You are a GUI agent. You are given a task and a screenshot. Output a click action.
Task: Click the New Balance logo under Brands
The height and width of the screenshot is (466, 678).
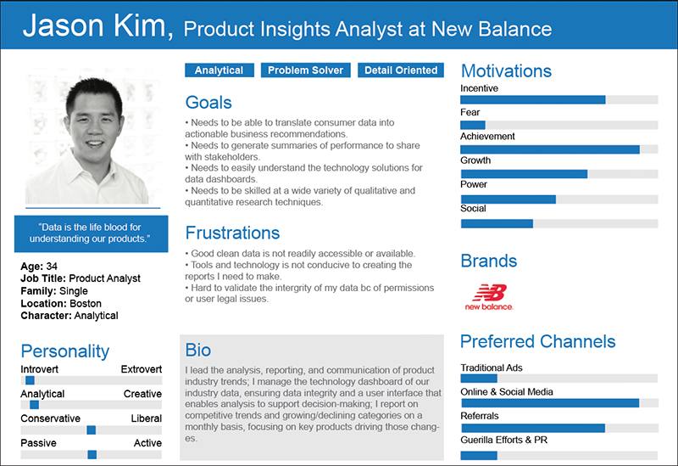(489, 298)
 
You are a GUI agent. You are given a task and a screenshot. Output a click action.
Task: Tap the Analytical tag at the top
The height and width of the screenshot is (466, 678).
(220, 70)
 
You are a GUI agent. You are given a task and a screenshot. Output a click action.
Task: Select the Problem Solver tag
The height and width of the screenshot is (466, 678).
(305, 70)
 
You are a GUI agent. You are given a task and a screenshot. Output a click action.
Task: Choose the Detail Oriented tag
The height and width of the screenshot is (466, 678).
(401, 70)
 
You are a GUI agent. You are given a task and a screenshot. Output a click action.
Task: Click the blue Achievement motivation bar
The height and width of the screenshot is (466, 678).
(550, 149)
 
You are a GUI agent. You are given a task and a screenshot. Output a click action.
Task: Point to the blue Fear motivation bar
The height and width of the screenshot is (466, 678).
(473, 125)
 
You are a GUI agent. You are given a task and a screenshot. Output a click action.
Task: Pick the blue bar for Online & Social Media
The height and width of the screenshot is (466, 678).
(550, 403)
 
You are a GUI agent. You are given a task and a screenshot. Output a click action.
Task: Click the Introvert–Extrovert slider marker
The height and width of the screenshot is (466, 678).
(30, 380)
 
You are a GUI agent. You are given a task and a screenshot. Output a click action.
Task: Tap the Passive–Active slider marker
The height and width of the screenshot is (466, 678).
(92, 454)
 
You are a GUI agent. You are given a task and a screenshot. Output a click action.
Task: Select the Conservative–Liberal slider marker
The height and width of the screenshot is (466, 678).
(92, 430)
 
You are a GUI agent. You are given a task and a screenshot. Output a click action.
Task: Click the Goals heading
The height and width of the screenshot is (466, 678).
(208, 103)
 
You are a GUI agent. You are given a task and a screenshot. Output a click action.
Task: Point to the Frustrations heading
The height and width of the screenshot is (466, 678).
(232, 233)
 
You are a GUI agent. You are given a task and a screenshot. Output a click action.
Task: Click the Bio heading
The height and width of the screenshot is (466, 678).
(198, 350)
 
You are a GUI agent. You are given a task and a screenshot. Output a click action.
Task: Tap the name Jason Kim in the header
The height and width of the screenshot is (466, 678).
(98, 25)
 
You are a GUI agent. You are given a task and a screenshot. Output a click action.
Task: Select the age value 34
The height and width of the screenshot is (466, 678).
(52, 266)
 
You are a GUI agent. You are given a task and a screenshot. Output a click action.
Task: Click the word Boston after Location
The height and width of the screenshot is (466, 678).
(86, 303)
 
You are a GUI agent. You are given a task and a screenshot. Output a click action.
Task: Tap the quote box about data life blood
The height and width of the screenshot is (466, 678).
(92, 233)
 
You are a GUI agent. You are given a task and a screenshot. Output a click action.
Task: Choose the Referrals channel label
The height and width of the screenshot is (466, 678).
(480, 416)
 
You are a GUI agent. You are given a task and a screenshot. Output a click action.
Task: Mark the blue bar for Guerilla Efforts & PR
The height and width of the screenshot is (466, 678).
(479, 455)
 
